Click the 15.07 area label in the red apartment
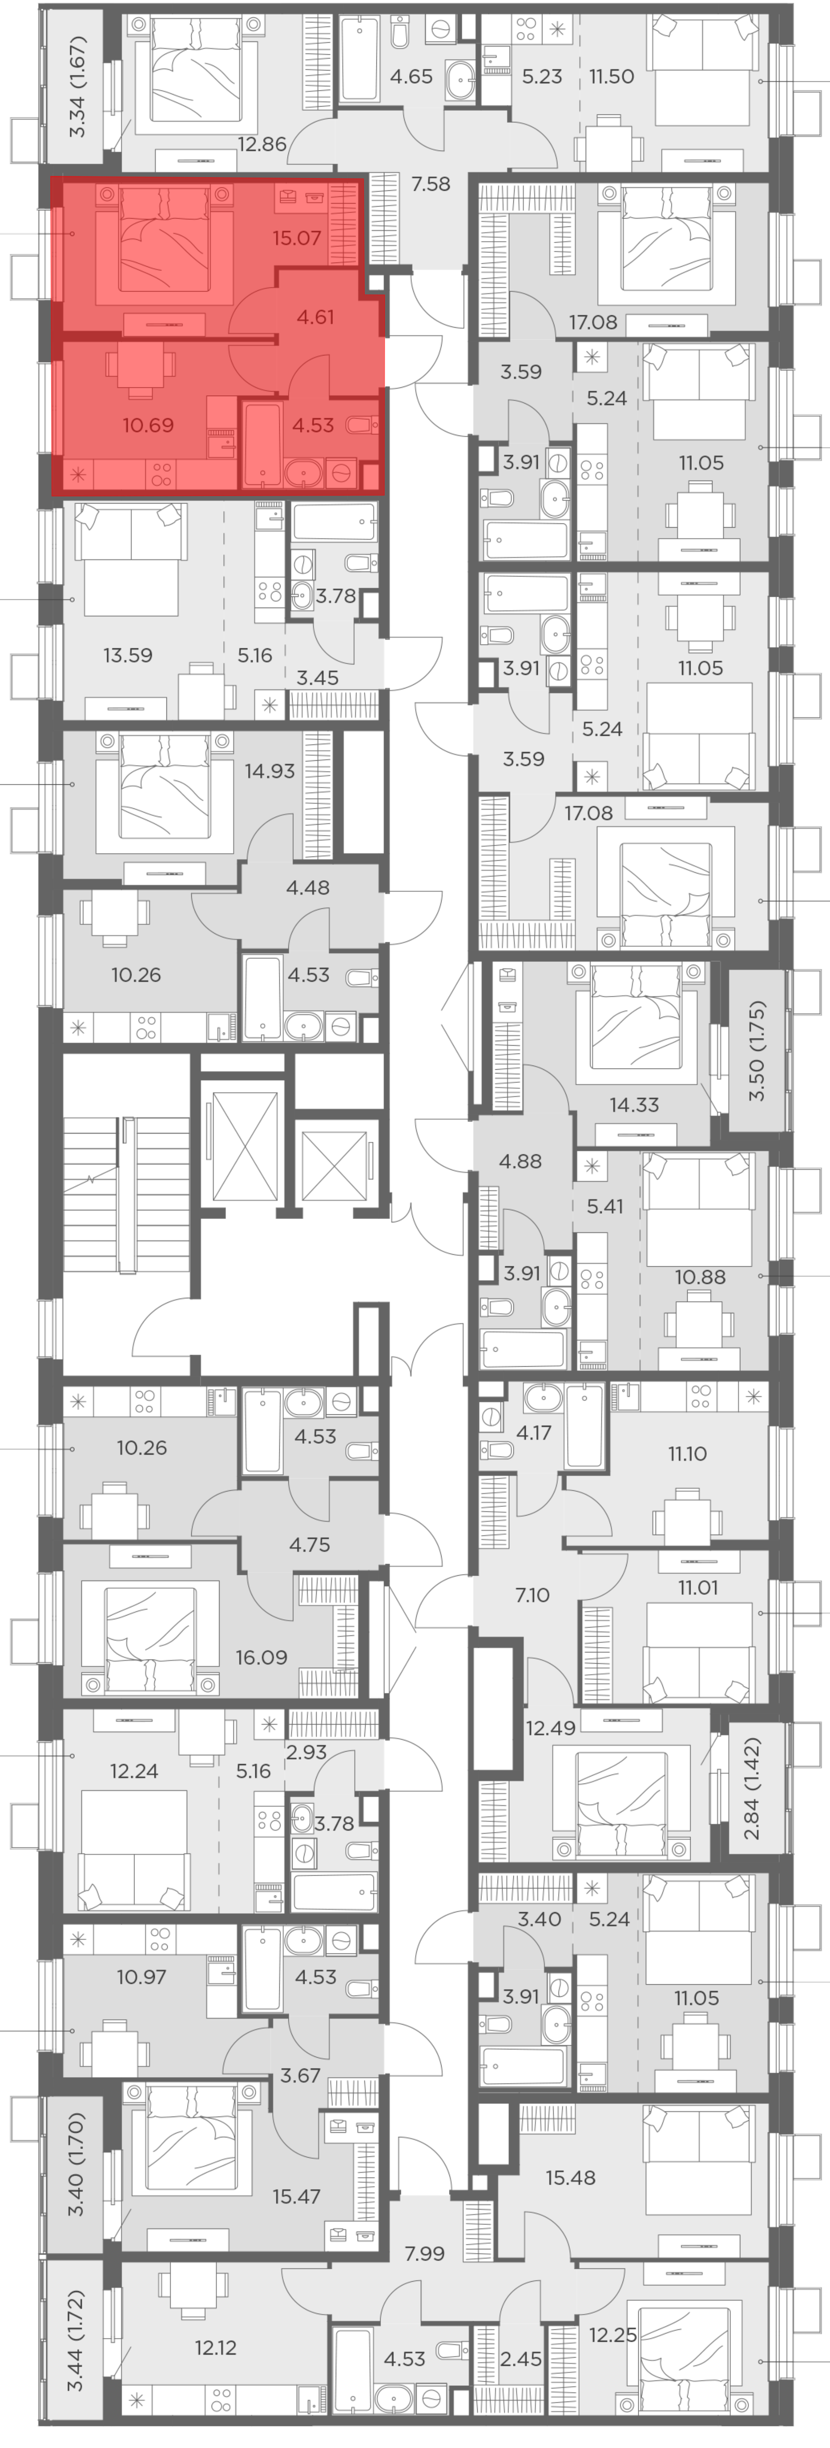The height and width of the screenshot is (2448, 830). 297,238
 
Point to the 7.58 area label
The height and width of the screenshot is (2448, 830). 431,183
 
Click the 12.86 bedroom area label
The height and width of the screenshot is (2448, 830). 261,144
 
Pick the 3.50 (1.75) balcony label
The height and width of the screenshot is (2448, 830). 757,1050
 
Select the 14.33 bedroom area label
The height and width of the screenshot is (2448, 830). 634,1104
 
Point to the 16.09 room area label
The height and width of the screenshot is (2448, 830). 261,1657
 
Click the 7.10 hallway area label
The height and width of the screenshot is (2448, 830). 532,1595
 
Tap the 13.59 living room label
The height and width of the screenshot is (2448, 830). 127,655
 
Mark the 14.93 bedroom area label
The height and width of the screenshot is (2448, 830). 270,771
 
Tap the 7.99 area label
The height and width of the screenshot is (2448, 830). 424,2253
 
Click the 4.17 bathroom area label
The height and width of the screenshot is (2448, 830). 533,1432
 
